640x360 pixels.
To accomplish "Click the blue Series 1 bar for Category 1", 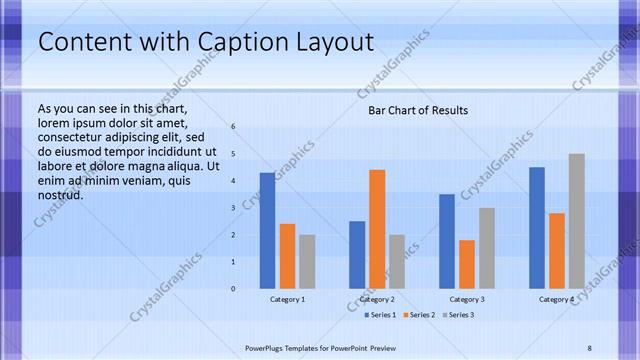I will coord(267,231).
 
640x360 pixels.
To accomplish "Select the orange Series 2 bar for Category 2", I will coord(377,229).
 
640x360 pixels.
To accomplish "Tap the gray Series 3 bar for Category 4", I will coord(576,221).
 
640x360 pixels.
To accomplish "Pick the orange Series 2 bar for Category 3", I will coord(467,264).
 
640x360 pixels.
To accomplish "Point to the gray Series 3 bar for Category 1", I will coord(307,262).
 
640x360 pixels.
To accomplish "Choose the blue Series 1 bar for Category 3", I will coord(447,241).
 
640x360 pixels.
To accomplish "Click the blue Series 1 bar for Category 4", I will coord(537,228).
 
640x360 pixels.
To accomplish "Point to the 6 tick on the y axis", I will coord(232,127).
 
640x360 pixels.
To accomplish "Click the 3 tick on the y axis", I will coord(232,208).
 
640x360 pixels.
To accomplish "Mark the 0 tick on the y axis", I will coord(232,288).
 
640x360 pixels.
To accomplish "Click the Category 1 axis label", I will coord(288,299).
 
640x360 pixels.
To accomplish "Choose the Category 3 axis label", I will coord(467,299).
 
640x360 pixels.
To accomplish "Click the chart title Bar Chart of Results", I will coord(418,110).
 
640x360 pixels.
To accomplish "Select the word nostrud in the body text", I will coord(60,194).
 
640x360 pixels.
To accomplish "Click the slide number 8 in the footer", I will coord(589,347).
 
